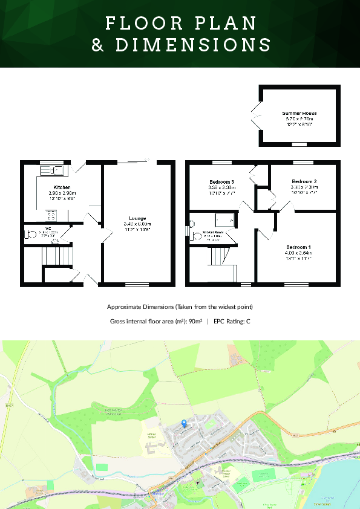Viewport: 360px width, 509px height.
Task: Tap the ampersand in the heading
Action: [98, 45]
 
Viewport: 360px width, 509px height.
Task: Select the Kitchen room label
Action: [62, 187]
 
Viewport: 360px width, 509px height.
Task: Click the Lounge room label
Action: [137, 218]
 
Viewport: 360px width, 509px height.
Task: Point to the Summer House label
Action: [299, 113]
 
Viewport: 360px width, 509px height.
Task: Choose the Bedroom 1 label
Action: [298, 247]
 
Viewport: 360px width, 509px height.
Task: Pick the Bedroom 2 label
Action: [304, 181]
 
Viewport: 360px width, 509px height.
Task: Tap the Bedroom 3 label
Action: [221, 182]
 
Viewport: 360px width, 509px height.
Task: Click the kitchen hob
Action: [51, 214]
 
